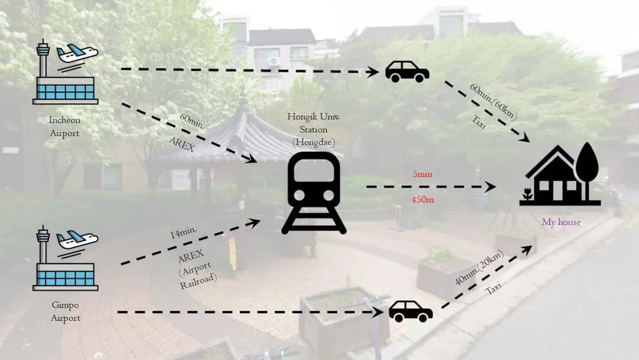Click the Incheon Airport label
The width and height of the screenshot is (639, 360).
coord(64,126)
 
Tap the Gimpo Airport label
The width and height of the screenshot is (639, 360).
coord(65,311)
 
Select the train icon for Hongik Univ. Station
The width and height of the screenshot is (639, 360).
coord(314,193)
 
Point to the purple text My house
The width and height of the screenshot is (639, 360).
coord(561,222)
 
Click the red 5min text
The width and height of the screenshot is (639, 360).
coord(422,174)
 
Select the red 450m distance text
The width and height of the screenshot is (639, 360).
coord(422,200)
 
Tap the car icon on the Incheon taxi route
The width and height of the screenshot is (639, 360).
coord(407,72)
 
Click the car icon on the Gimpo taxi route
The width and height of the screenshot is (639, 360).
coord(411,311)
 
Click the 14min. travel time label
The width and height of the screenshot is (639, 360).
coord(183,232)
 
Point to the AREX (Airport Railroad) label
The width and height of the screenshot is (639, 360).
coord(196,269)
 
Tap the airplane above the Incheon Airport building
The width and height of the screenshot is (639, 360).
coord(77,53)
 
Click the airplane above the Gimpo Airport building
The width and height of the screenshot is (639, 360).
coord(77,240)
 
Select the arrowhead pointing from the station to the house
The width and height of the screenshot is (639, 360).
coord(490,187)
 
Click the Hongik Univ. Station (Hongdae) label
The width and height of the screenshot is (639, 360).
coord(314,129)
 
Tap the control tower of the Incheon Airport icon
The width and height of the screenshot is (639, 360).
coord(43,57)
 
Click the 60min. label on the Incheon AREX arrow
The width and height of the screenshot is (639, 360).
coord(192,121)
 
